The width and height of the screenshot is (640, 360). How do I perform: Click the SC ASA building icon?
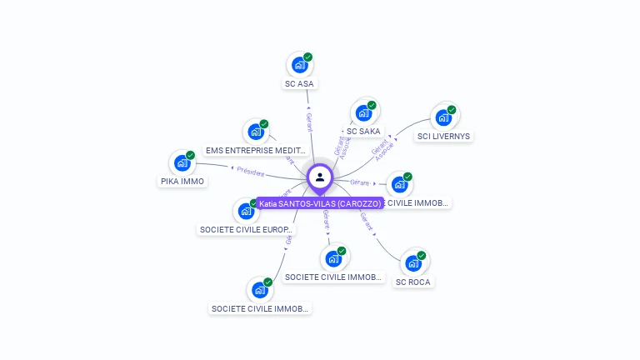(x=299, y=65)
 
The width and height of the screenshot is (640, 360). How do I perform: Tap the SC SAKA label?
(x=363, y=131)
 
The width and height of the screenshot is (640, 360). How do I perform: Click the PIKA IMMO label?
(x=182, y=181)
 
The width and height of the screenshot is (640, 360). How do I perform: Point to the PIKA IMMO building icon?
(x=182, y=162)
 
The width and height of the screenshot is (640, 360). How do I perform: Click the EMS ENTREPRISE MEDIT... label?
(x=255, y=150)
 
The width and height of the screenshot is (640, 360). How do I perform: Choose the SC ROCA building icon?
(x=413, y=262)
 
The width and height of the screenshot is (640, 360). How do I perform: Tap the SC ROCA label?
(x=414, y=282)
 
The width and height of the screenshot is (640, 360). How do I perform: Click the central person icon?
(x=320, y=177)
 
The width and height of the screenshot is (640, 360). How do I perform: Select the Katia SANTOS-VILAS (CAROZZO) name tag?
(x=319, y=203)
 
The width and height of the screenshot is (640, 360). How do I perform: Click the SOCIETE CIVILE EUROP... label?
(x=246, y=229)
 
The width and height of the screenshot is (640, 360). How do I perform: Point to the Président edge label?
(x=250, y=172)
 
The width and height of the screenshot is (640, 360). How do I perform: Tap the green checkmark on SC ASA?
(x=308, y=57)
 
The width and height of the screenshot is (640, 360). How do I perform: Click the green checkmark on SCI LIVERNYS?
(x=452, y=109)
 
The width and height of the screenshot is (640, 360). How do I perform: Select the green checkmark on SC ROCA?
(x=422, y=255)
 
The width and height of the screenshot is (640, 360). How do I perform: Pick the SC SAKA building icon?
(x=363, y=112)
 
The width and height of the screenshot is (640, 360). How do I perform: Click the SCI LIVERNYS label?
(x=444, y=136)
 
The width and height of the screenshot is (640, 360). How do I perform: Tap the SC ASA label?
(x=300, y=83)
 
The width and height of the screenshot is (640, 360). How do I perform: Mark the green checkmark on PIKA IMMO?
(x=190, y=155)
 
